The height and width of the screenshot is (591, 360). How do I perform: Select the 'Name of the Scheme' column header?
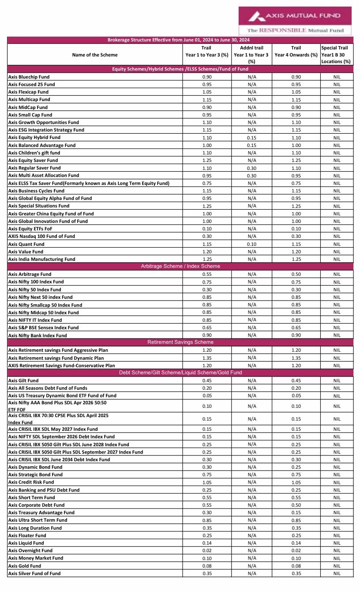coord(95,55)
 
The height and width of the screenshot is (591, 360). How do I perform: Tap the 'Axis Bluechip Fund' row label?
coord(29,77)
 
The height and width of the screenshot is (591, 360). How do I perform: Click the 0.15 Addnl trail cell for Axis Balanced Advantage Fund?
coord(251,145)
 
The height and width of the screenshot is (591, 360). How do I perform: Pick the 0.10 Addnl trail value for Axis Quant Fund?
coord(251,244)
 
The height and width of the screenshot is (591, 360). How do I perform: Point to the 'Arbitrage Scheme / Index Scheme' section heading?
coord(180,266)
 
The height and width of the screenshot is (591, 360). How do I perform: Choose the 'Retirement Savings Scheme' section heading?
coord(180,342)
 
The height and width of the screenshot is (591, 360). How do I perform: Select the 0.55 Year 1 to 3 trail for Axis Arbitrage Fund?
coord(206,274)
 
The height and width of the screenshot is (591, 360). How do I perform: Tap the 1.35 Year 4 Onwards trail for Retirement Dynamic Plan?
coord(296,358)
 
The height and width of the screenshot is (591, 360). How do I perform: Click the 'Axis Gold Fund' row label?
coord(25,566)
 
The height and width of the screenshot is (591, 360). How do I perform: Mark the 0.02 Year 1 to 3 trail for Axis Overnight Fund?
coord(206,550)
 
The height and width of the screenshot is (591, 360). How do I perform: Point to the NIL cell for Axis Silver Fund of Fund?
coord(337,573)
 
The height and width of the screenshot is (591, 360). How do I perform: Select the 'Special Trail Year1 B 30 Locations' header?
coord(336,55)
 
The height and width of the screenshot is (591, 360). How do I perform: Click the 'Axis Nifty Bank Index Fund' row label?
coord(37,335)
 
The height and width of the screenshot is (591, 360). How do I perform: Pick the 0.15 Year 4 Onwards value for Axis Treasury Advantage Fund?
coord(296,512)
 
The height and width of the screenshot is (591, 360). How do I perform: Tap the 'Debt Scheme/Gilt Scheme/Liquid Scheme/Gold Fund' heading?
coord(180,373)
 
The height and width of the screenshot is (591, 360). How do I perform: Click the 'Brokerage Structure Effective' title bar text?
coord(180,40)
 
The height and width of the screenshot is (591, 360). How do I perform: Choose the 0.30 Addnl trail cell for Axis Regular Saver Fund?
coord(251,168)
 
